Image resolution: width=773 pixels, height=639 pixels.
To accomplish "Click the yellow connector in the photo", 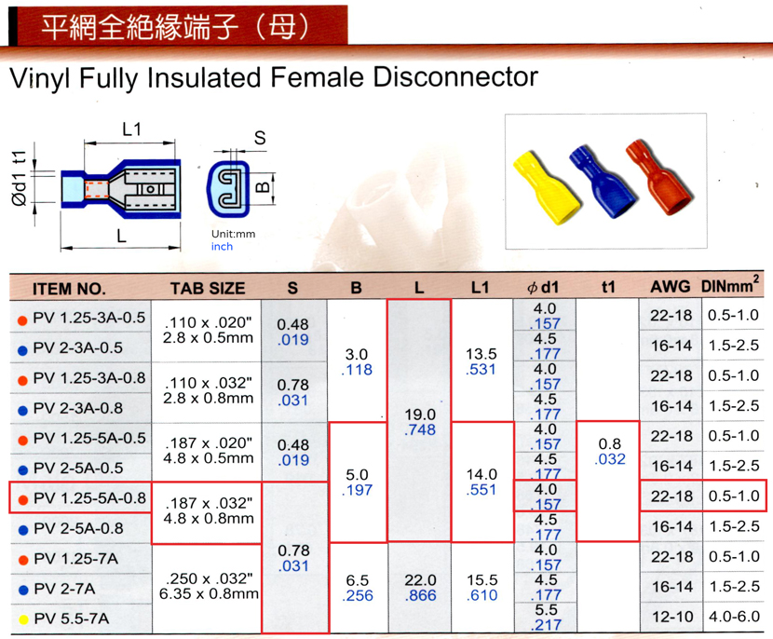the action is pyautogui.click(x=548, y=187).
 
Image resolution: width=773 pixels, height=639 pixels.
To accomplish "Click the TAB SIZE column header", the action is pyautogui.click(x=208, y=289).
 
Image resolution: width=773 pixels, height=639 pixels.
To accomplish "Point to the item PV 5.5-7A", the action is pyautogui.click(x=72, y=619).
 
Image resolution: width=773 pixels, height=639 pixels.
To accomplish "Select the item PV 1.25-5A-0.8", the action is pyautogui.click(x=89, y=498).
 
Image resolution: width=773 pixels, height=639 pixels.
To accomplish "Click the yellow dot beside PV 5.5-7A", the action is pyautogui.click(x=23, y=619).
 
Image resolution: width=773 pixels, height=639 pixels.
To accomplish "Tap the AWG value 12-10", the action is pyautogui.click(x=672, y=617).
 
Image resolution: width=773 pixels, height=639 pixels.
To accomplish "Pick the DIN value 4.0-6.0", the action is pyautogui.click(x=734, y=617).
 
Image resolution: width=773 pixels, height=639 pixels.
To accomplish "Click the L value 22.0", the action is pyautogui.click(x=420, y=579).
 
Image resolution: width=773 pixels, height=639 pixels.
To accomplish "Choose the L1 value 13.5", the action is pyautogui.click(x=481, y=354).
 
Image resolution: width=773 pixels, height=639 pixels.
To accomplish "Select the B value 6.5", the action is pyautogui.click(x=357, y=579).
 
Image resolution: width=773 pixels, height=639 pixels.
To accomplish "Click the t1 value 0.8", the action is pyautogui.click(x=609, y=443).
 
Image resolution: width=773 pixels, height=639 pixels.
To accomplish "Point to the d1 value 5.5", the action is pyautogui.click(x=546, y=610).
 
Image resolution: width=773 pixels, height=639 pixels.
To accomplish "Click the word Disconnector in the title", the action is pyautogui.click(x=455, y=77).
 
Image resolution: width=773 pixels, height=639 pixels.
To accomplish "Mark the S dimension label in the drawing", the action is pyautogui.click(x=260, y=138).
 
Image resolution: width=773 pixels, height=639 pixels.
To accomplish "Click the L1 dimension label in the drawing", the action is pyautogui.click(x=131, y=129).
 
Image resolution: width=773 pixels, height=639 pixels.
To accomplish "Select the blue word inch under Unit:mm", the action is pyautogui.click(x=222, y=247).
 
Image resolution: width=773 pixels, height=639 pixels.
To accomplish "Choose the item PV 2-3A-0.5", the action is pyautogui.click(x=78, y=347).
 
